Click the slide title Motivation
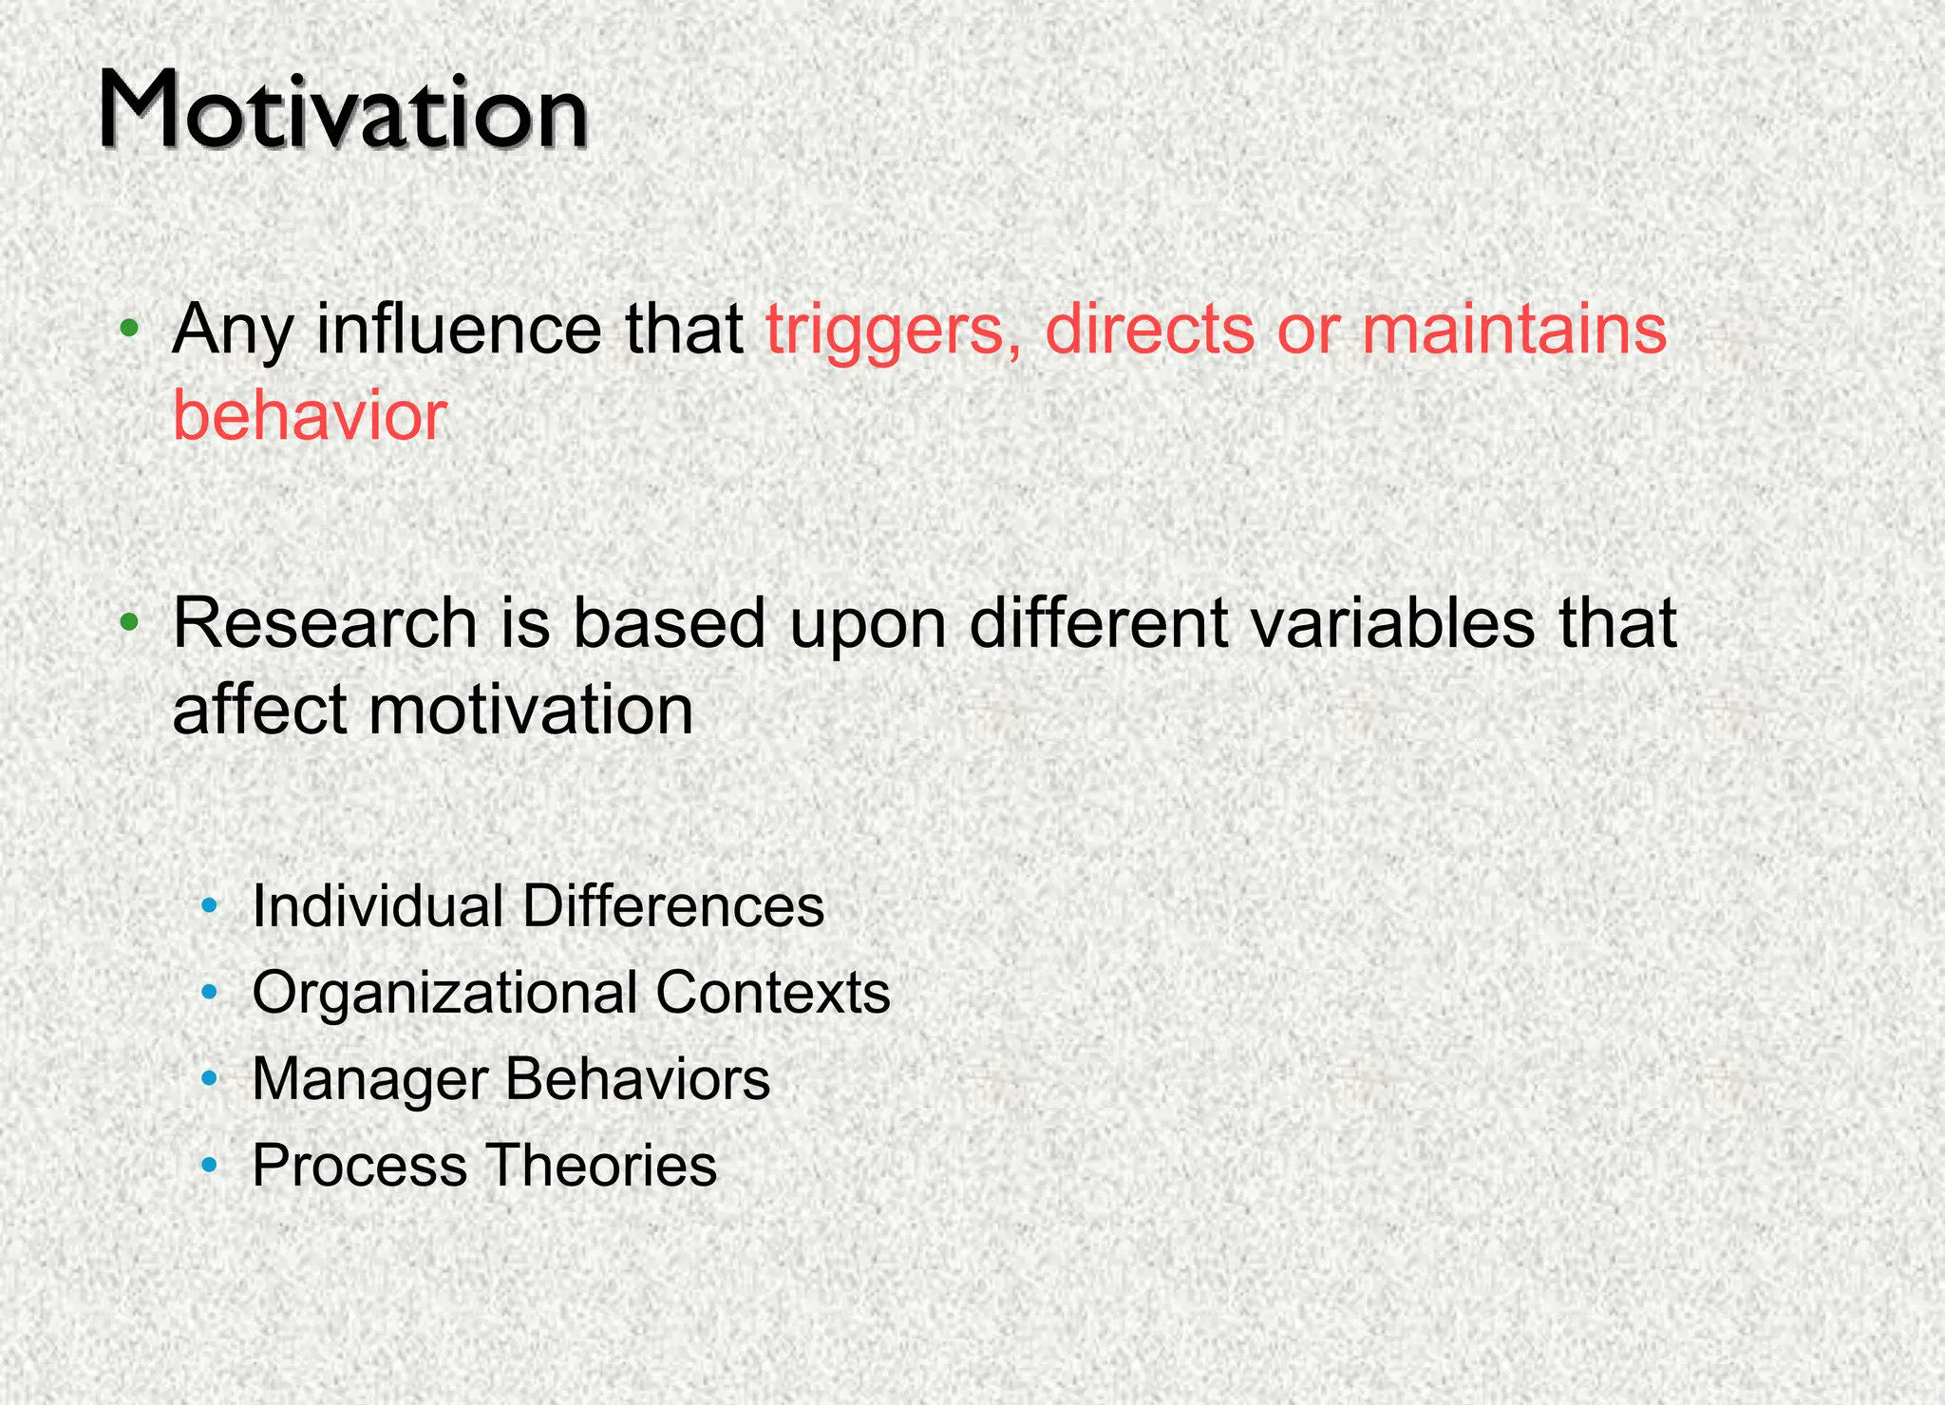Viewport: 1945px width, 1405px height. point(343,112)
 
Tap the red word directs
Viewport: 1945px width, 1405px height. point(1149,330)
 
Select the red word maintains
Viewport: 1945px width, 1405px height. point(1514,330)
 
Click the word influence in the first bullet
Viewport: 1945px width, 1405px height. point(459,330)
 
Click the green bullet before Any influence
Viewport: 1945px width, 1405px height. point(130,330)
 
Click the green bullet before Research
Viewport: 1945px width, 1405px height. point(130,623)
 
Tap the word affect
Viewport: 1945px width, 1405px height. point(258,711)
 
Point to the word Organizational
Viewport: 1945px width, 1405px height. point(444,993)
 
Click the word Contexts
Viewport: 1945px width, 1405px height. point(772,993)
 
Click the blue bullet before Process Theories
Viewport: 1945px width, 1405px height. point(210,1164)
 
